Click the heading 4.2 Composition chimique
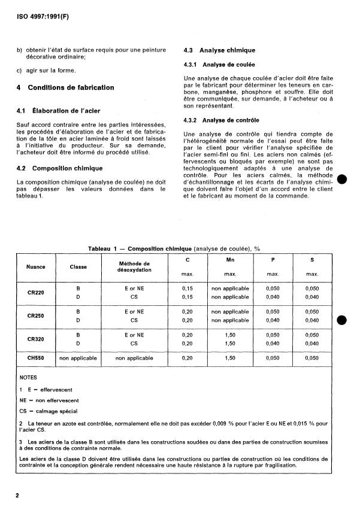pos(60,168)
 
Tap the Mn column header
pos(230,260)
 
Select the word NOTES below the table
pos(28,378)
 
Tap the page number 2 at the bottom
pos(18,496)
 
